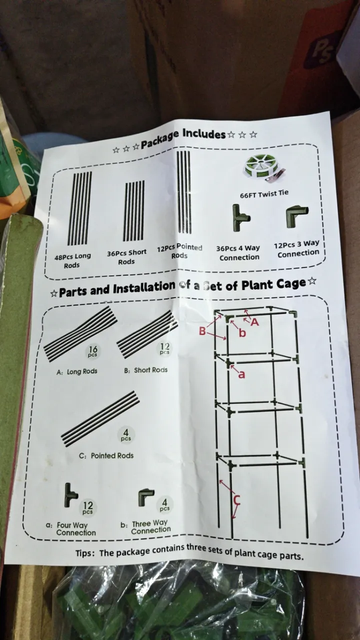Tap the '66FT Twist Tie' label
tap(264, 194)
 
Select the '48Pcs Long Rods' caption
tap(72, 260)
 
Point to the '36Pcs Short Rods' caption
tap(126, 257)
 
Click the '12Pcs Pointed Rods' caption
tap(179, 251)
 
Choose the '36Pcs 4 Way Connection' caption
tap(238, 252)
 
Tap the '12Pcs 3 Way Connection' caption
tap(297, 248)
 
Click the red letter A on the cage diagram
tap(255, 322)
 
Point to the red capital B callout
tap(202, 331)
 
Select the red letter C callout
tap(237, 499)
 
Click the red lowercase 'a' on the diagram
tap(241, 374)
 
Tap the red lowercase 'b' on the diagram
tap(242, 332)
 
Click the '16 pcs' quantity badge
tap(92, 351)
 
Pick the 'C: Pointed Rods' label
tap(106, 455)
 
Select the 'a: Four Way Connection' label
tap(71, 528)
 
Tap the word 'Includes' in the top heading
tap(204, 134)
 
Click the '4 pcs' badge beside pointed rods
tap(125, 435)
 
